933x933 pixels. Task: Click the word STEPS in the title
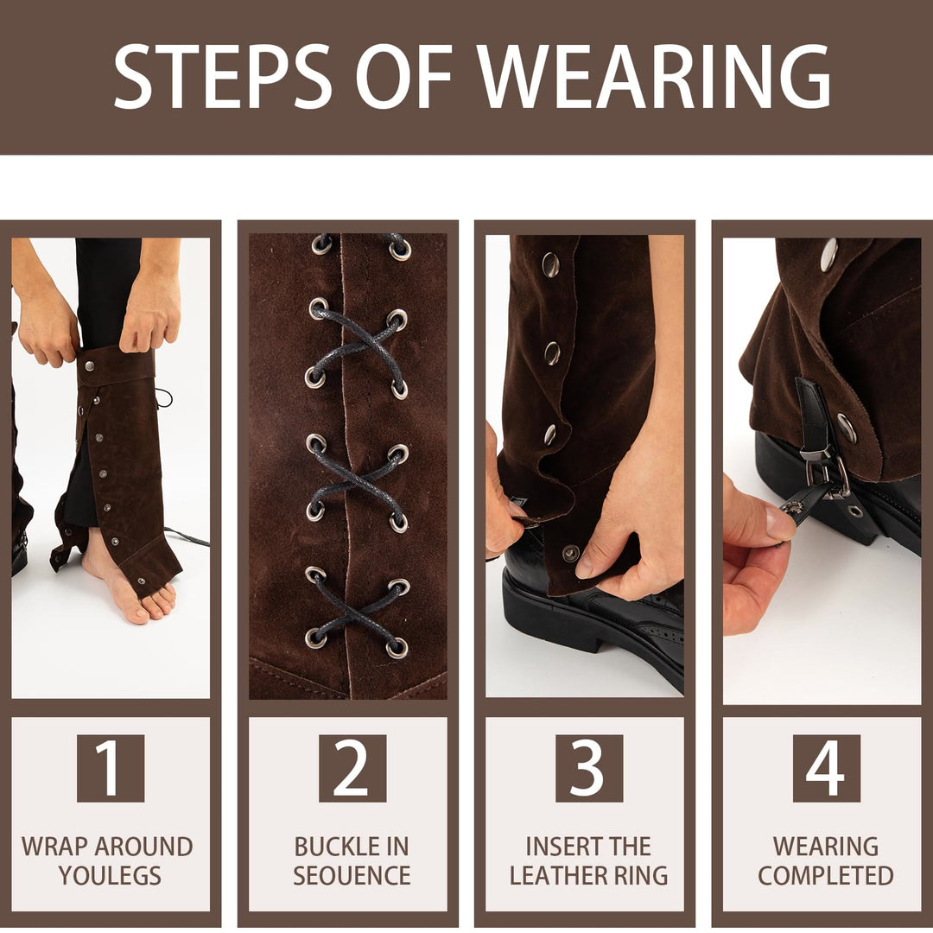point(223,77)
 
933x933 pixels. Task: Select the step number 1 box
point(111,768)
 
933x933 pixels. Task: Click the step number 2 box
point(352,768)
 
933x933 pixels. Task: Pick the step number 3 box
point(588,768)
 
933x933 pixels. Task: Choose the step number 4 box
point(826,768)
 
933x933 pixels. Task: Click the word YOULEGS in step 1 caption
point(110,875)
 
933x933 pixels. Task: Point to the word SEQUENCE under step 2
point(352,875)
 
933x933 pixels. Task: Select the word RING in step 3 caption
point(639,875)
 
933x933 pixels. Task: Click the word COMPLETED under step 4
point(826,875)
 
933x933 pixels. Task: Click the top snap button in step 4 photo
point(828,254)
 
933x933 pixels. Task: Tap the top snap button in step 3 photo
point(550,264)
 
